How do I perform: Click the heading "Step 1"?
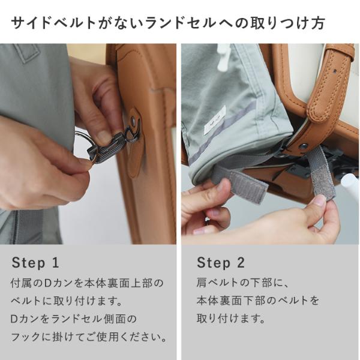tap(35, 262)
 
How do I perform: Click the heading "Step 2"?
tap(221, 262)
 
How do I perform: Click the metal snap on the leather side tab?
tap(133, 119)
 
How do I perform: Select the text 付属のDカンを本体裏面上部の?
tap(87, 283)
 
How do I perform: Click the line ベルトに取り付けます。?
tap(67, 301)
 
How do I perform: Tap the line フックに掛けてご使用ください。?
tap(89, 337)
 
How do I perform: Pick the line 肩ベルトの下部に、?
tap(242, 283)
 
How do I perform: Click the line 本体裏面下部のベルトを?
tap(257, 301)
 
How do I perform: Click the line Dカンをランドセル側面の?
tap(74, 319)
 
